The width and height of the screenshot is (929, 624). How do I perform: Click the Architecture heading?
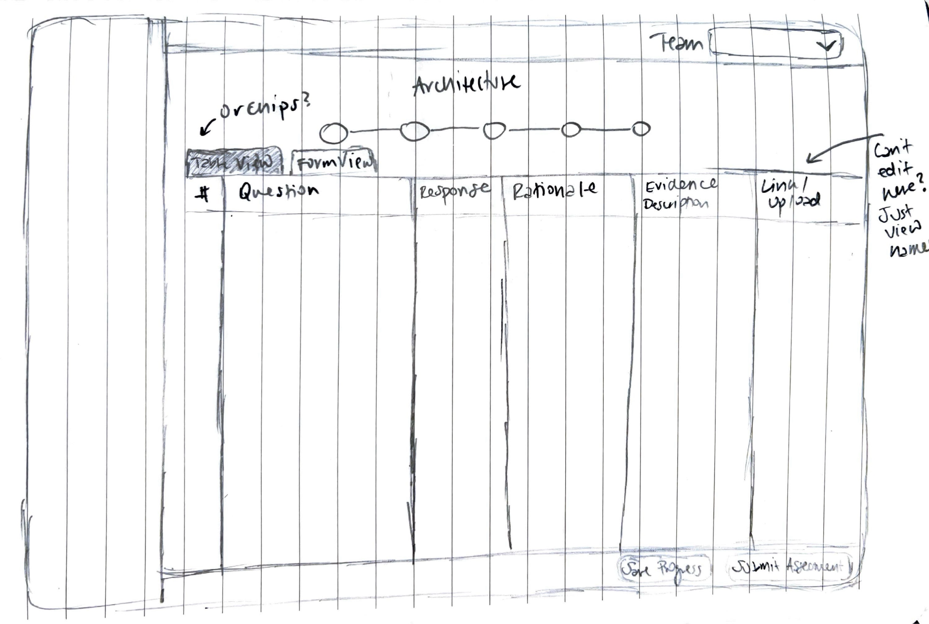[x=466, y=84]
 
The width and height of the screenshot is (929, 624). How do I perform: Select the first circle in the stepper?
[x=334, y=133]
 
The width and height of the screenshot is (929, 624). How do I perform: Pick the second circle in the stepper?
[x=414, y=131]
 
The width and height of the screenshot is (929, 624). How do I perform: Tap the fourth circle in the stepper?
[x=571, y=130]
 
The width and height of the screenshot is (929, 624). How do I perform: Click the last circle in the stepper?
[x=641, y=129]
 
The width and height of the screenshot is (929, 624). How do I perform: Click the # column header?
[x=204, y=195]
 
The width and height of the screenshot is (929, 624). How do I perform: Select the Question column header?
[x=279, y=191]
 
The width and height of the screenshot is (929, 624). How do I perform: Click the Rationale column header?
[x=554, y=190]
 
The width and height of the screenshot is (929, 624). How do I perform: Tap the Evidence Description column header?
[x=679, y=194]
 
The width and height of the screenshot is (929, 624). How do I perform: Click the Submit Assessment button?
[x=789, y=567]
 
